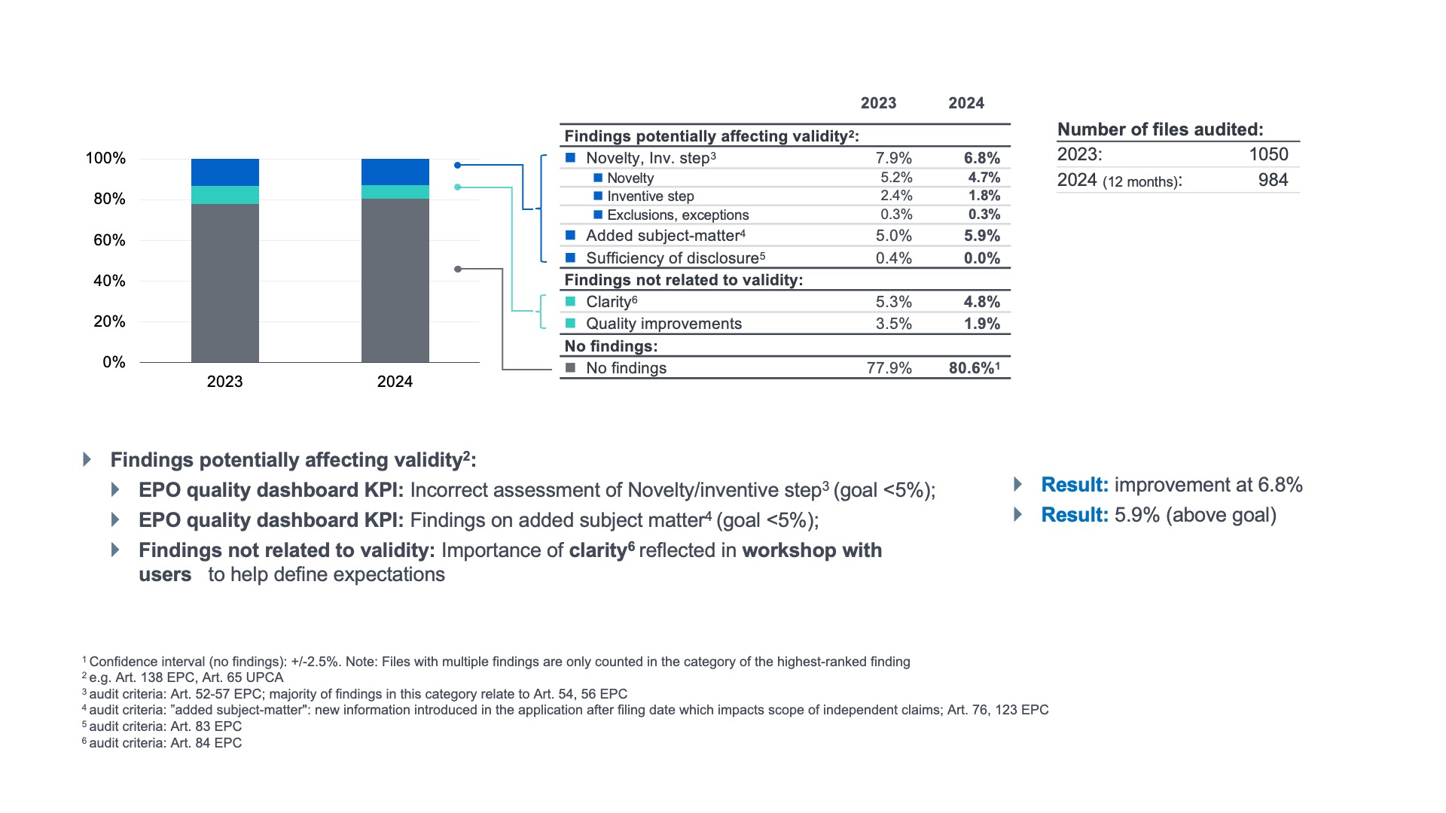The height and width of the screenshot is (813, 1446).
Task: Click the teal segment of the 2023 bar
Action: [x=224, y=195]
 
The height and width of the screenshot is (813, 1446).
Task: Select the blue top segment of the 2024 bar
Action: [x=395, y=172]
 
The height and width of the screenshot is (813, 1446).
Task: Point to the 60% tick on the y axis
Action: [x=109, y=240]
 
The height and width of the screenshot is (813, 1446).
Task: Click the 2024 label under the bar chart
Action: [x=395, y=382]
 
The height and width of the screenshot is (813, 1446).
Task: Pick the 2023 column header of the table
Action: [x=878, y=103]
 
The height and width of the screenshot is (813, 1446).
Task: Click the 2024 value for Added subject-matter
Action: [x=981, y=236]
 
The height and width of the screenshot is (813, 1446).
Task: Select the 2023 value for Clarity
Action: [x=893, y=302]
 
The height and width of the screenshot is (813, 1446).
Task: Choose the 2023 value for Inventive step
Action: [x=896, y=196]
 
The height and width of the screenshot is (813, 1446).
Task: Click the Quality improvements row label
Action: [x=664, y=324]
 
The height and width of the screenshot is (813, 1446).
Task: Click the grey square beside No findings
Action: [x=571, y=368]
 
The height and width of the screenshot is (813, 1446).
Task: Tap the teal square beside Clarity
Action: [x=571, y=302]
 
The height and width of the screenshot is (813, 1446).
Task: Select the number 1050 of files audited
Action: [x=1268, y=154]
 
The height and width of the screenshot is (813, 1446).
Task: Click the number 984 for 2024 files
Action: [x=1273, y=180]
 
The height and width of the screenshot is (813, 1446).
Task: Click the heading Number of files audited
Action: [x=1160, y=129]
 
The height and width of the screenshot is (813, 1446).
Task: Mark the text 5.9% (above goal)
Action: [x=1195, y=515]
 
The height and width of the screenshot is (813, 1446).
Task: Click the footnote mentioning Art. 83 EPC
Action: [x=165, y=726]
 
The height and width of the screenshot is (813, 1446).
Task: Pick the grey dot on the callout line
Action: [x=458, y=269]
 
